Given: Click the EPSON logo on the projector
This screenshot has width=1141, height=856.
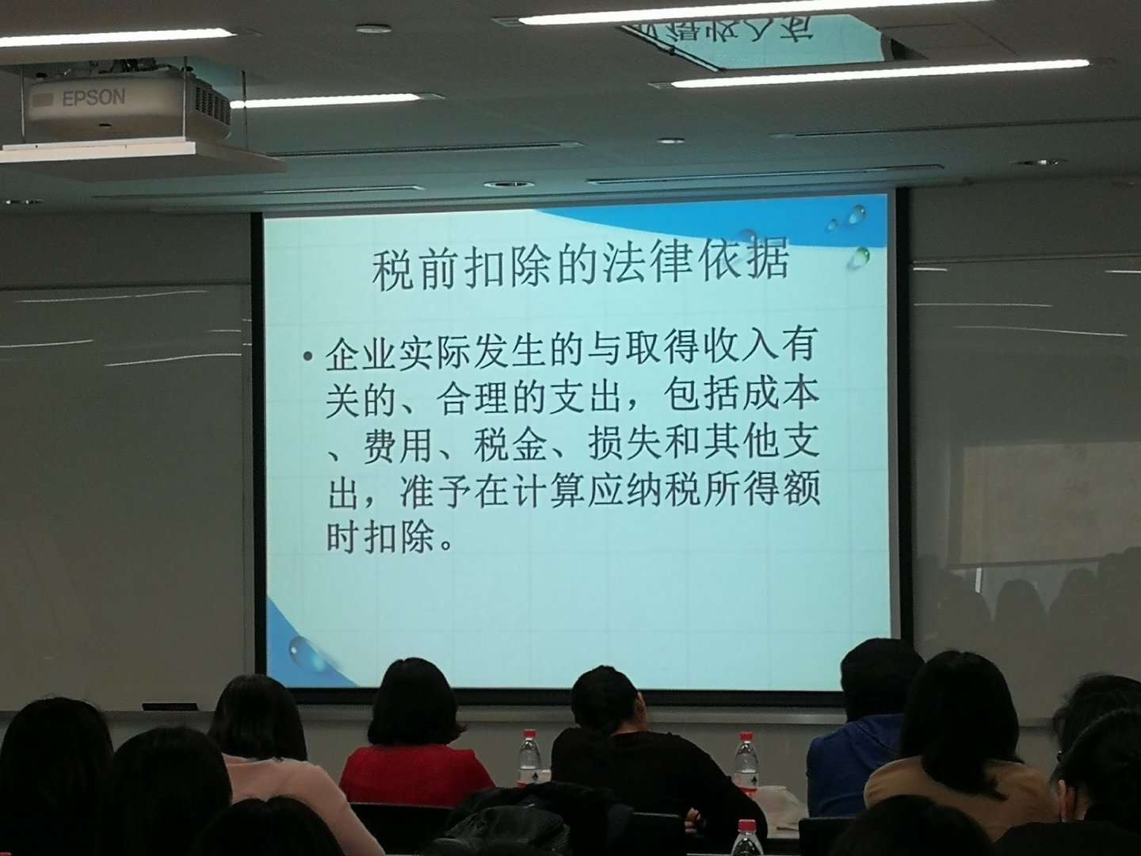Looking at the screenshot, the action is [94, 98].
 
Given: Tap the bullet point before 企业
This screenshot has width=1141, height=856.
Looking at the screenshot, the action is [309, 357].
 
